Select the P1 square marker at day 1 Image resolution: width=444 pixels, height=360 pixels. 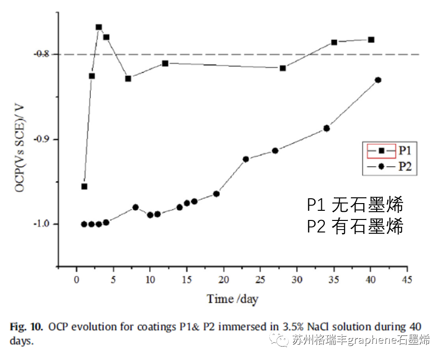[84, 186]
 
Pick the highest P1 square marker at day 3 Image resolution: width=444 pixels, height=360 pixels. [99, 27]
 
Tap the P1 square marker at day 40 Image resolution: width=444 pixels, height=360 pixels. [371, 39]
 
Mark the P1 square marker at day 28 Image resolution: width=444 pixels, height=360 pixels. [283, 68]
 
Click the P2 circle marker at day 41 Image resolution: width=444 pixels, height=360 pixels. [378, 80]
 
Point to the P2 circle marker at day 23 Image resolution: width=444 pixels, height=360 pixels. [246, 159]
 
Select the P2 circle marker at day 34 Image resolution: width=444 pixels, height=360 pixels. [327, 128]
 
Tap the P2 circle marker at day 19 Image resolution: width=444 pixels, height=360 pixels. [216, 194]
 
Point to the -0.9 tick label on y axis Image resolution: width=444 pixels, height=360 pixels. [45, 139]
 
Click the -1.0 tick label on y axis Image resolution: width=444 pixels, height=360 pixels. [45, 224]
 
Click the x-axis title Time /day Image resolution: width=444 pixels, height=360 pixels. [233, 299]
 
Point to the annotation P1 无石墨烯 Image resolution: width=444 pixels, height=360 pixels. [355, 206]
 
